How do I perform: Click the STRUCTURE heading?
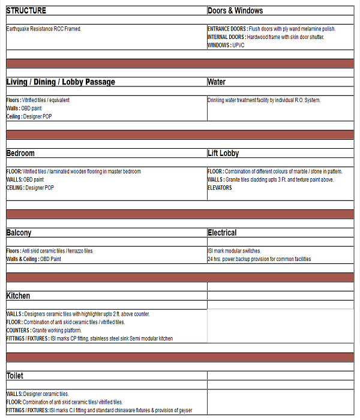(26, 11)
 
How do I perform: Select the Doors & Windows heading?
(235, 11)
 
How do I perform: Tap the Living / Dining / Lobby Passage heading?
(61, 82)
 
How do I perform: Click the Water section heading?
(217, 82)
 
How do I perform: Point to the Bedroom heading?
(20, 154)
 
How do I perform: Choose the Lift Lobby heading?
(223, 154)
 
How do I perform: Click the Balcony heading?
(19, 233)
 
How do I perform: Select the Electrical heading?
(222, 233)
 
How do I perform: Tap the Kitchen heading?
(18, 296)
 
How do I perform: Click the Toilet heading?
(15, 376)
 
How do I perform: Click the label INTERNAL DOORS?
(226, 37)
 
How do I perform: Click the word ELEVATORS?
(220, 188)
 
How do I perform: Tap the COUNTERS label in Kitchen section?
(18, 331)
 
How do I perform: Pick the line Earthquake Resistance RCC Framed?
(44, 29)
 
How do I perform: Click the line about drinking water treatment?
(264, 100)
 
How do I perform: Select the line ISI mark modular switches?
(235, 251)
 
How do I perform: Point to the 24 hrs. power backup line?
(259, 259)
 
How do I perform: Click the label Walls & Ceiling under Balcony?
(22, 259)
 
